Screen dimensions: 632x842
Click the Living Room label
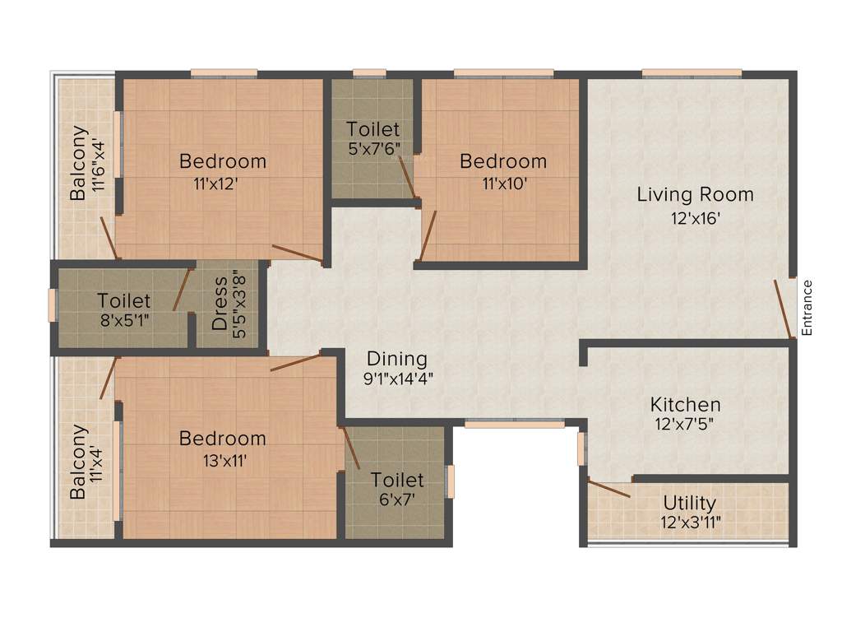[x=695, y=195]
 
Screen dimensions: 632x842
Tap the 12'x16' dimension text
[x=695, y=219]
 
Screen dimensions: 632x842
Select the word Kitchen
[x=685, y=405]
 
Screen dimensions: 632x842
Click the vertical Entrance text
[x=807, y=307]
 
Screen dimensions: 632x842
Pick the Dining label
[x=397, y=359]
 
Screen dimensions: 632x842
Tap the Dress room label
[x=220, y=303]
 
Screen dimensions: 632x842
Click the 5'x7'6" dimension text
[x=373, y=150]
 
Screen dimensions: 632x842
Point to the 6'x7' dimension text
[x=396, y=499]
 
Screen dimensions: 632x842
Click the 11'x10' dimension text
[x=503, y=184]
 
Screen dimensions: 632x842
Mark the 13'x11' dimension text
[x=222, y=460]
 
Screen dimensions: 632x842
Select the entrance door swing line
[x=784, y=309]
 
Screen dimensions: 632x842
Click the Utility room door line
[x=609, y=487]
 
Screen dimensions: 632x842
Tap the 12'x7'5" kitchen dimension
[x=685, y=425]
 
